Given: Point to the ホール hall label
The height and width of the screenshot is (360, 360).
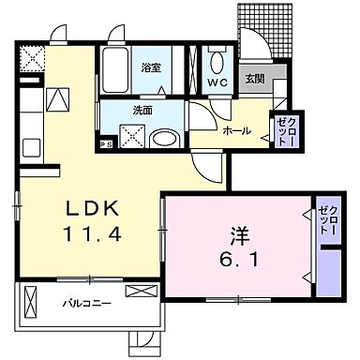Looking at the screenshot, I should pyautogui.click(x=236, y=132).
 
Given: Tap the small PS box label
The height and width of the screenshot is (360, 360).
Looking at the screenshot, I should pyautogui.click(x=107, y=144).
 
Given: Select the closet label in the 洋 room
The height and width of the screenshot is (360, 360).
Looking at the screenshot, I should pyautogui.click(x=328, y=221).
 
